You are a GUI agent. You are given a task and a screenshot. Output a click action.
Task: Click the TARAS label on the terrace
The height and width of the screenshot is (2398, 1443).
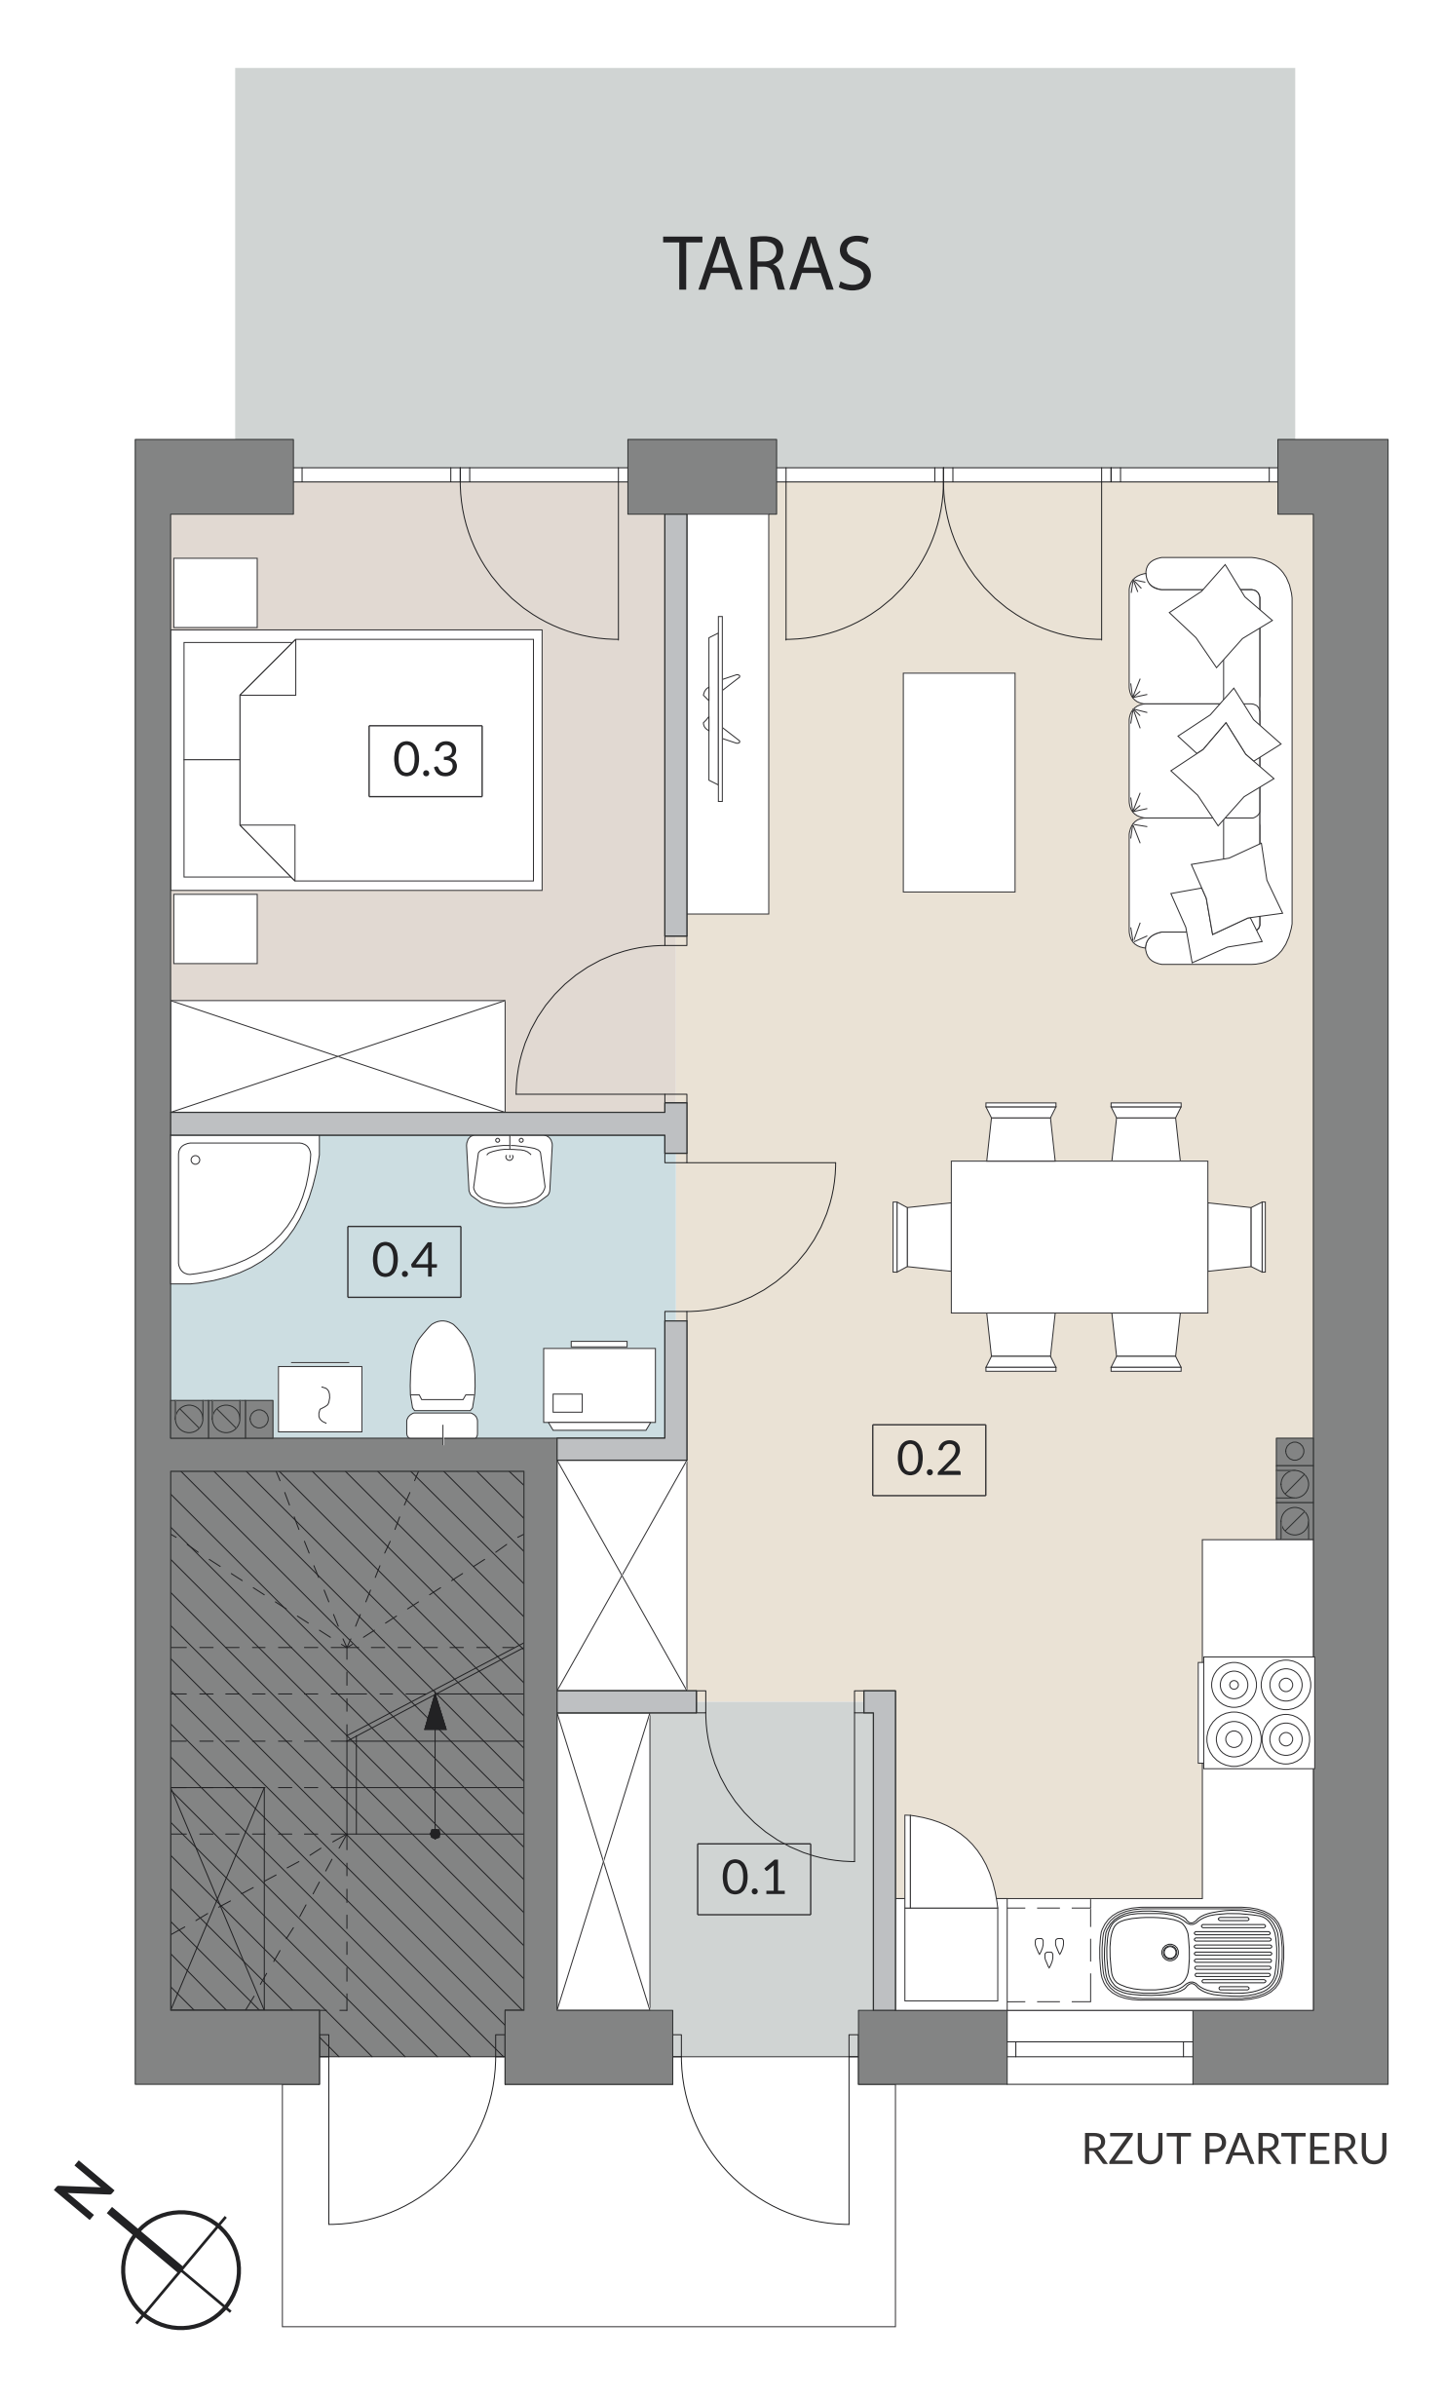[767, 263]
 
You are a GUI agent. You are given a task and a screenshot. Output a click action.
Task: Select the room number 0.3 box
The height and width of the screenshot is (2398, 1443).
[425, 760]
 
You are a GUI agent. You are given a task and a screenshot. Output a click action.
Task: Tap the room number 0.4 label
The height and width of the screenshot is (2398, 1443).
[404, 1261]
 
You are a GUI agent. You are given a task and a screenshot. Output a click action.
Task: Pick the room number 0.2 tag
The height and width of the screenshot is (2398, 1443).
[929, 1459]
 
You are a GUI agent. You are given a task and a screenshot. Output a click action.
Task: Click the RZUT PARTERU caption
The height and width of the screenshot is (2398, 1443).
[1234, 2149]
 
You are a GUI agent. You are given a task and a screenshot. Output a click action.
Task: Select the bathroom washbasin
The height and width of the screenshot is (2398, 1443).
[509, 1170]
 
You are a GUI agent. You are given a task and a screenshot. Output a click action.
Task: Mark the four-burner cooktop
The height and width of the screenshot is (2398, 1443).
[1258, 1712]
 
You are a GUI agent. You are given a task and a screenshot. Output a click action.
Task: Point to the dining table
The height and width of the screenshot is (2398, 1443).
[1079, 1237]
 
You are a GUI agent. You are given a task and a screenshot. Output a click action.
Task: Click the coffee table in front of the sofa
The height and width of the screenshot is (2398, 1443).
[959, 781]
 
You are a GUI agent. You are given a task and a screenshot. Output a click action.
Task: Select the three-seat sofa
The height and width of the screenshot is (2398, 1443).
[1210, 761]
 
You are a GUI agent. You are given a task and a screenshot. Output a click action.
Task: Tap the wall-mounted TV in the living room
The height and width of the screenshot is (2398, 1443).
[720, 708]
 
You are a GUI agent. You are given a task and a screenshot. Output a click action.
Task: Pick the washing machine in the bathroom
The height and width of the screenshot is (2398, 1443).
[599, 1386]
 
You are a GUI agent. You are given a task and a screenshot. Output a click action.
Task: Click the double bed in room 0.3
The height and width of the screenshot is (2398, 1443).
[357, 760]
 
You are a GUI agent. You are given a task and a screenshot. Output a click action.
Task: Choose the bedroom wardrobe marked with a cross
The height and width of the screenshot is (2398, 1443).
[338, 1056]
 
